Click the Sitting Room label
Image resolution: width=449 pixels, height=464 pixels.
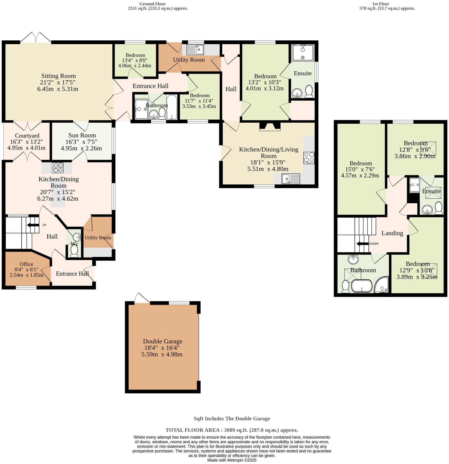coord(58,76)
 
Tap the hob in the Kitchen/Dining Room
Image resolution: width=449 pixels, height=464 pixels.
coord(58,168)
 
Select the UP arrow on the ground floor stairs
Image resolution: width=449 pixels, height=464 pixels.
coord(33,225)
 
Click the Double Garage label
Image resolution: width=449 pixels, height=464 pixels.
coord(163,341)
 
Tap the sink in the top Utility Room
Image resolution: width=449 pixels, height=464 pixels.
coord(195,49)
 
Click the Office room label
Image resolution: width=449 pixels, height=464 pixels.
coord(26,264)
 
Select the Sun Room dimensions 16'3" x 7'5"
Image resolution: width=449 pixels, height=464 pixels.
coord(81,142)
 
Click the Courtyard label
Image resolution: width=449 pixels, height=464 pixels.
coord(27,136)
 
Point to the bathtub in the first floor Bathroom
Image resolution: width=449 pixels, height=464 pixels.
coord(362,286)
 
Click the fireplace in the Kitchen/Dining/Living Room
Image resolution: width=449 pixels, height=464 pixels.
coord(270,126)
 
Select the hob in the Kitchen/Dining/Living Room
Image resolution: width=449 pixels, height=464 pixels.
coord(309,158)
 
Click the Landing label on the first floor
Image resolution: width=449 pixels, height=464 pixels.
coord(392,233)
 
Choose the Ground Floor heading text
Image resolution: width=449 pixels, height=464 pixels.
coord(152,4)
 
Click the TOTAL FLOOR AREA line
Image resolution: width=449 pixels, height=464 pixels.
coord(232,430)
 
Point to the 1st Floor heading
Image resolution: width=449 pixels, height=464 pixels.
coord(381,4)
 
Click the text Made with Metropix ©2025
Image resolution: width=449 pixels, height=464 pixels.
coord(232,460)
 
